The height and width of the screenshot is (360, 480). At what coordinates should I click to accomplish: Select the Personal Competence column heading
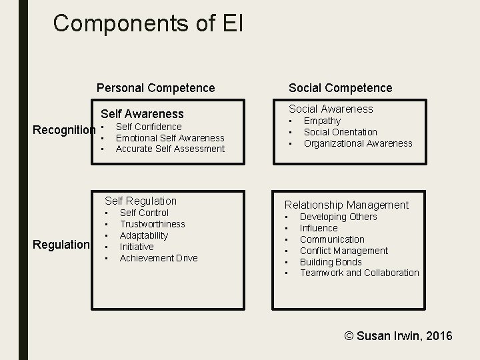[156, 87]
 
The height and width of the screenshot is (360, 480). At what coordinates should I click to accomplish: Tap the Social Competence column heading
[340, 87]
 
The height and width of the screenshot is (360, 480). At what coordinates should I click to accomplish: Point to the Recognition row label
[65, 129]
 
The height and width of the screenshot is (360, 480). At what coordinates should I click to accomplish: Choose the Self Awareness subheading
[142, 114]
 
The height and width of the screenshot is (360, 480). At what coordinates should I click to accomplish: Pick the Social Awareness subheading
[331, 109]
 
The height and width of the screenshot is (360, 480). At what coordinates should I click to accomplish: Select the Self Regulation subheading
[141, 201]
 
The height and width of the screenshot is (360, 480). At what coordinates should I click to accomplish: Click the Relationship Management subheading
[347, 205]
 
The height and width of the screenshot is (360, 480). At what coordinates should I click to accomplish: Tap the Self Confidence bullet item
[149, 127]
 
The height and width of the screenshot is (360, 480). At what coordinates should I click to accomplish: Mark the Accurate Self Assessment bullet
[170, 149]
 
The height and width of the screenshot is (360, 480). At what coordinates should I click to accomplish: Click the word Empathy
[322, 121]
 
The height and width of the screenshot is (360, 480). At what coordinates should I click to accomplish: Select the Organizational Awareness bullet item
[358, 143]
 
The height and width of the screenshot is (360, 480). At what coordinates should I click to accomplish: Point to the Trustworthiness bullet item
[153, 224]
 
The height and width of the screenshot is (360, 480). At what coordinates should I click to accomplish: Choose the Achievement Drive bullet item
[159, 258]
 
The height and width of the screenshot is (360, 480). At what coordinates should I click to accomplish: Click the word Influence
[319, 228]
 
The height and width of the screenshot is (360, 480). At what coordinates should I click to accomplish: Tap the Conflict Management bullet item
[343, 251]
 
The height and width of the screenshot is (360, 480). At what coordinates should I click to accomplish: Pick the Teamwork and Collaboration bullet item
[359, 273]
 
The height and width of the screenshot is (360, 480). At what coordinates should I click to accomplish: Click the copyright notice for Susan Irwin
[398, 335]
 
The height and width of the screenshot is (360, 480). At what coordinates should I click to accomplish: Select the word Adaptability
[144, 235]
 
